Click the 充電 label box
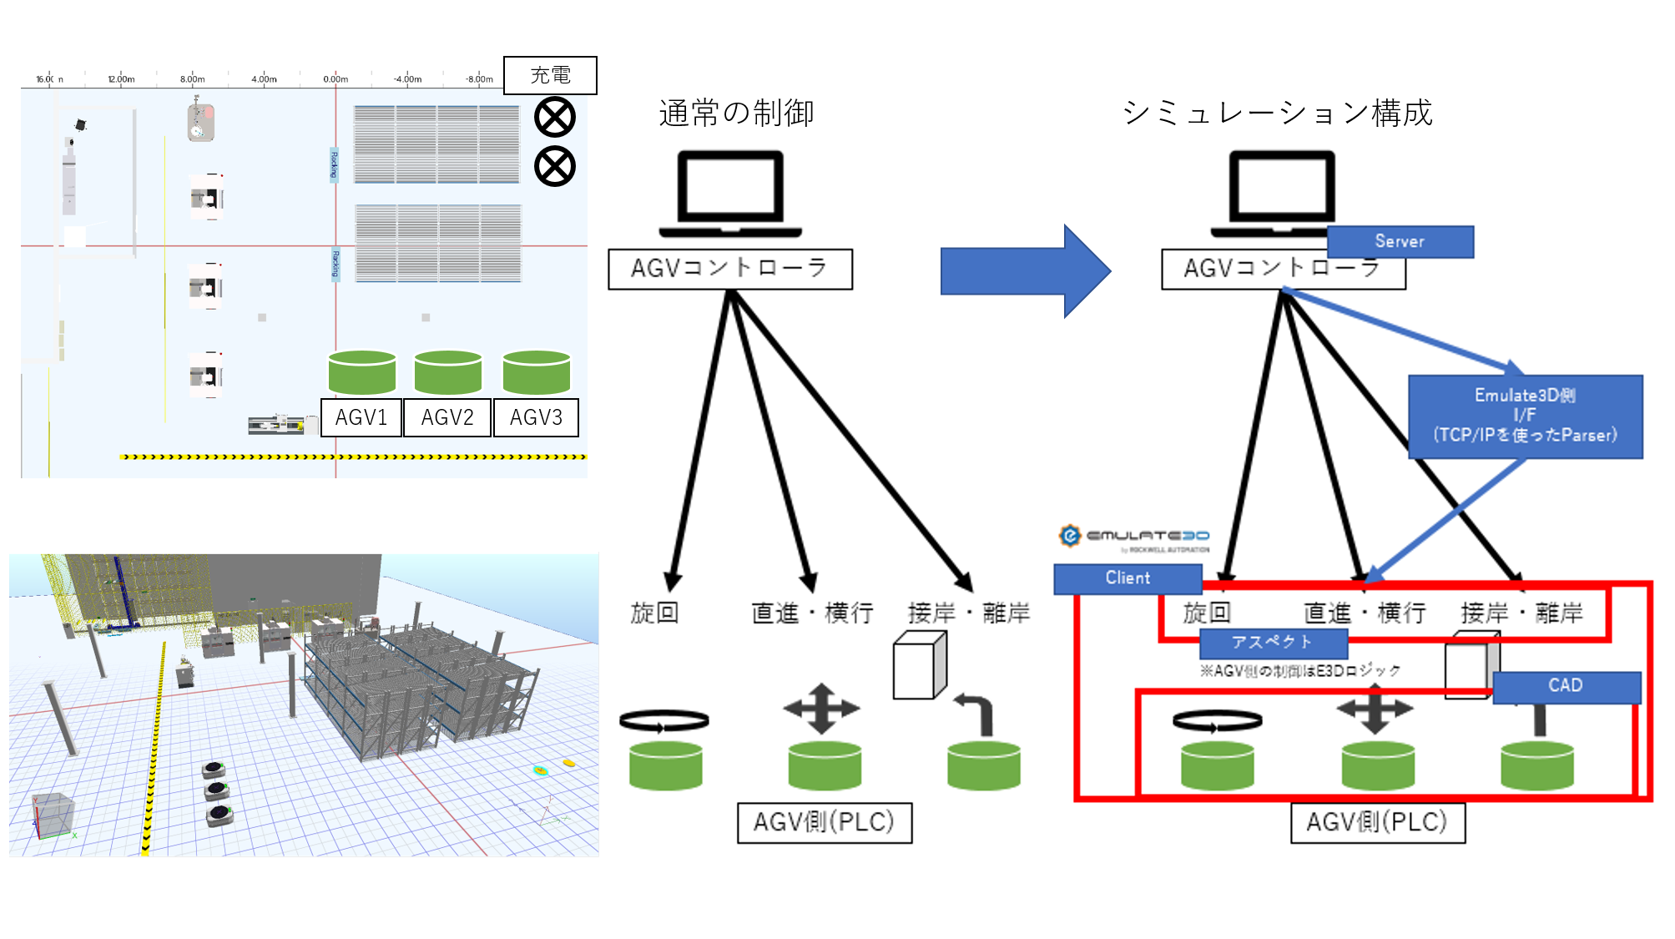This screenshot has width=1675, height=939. coord(550,75)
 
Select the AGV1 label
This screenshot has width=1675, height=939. coord(361,417)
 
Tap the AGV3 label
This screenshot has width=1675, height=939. coord(536,417)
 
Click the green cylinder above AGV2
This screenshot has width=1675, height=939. coord(448,372)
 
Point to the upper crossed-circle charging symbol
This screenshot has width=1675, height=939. coord(555,117)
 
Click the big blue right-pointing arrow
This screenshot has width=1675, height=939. coord(1025,271)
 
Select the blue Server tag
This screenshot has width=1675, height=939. coord(1400,241)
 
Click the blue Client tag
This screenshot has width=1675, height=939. coord(1128,578)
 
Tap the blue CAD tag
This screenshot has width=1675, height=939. coord(1566,685)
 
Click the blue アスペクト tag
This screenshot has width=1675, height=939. coord(1273,642)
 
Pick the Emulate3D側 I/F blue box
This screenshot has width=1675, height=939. coord(1525,416)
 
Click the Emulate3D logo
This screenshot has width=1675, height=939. coord(1133,537)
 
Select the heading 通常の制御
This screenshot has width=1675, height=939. coord(736,113)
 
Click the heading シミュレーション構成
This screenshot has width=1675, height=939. coord(1277,113)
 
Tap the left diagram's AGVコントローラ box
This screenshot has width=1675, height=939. coord(729,269)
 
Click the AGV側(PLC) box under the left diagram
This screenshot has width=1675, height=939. coord(824,822)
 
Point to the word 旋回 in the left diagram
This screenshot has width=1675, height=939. coord(654,613)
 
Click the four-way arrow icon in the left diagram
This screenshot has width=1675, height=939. coord(821,709)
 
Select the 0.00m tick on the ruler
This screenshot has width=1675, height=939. coord(336,79)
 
